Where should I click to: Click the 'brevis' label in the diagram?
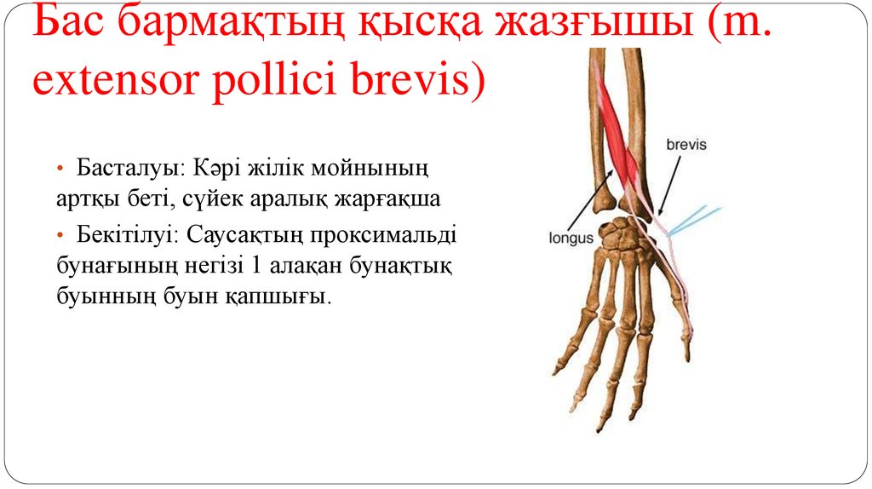click(686, 145)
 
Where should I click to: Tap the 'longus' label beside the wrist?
click(571, 239)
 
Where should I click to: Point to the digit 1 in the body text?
click(255, 266)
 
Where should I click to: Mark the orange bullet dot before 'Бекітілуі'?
click(60, 234)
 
